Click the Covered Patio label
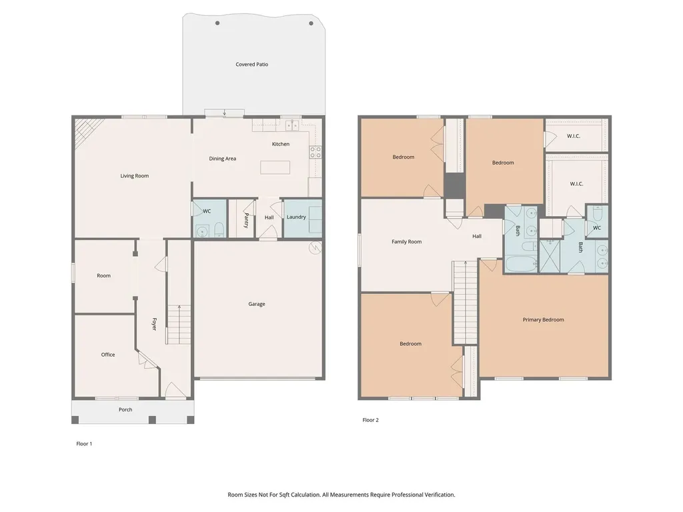[251, 65]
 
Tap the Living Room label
[135, 176]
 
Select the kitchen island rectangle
[275, 167]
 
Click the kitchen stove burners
[315, 153]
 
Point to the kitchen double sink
[292, 125]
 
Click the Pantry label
[246, 220]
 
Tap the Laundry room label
[296, 217]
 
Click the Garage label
[257, 304]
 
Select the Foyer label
[154, 324]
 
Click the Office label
[108, 355]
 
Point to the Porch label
[125, 410]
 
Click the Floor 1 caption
[84, 444]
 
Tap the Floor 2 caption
[371, 420]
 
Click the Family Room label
[406, 241]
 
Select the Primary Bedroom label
[543, 319]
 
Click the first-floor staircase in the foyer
[179, 325]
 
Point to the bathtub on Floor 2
[521, 264]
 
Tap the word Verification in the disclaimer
[439, 495]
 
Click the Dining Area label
[223, 159]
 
